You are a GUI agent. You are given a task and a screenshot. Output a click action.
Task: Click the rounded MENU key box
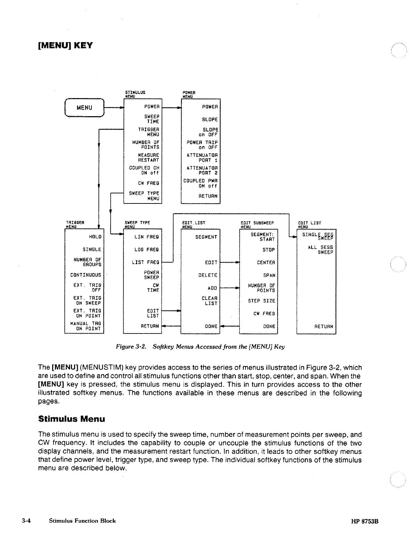coord(84,107)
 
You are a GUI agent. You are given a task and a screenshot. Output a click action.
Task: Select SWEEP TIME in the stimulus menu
coord(152,119)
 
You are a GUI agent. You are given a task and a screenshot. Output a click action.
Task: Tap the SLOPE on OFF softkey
coord(208,132)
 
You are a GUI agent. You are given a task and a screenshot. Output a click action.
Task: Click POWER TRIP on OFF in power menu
coord(202,145)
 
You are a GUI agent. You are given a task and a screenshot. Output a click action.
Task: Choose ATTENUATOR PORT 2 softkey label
coord(202,170)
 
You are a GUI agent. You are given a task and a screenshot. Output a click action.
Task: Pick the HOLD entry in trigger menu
coord(95,237)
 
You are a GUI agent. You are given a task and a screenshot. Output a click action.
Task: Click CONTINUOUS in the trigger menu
coord(86,275)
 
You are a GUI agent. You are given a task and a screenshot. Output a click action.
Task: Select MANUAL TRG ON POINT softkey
coord(86,326)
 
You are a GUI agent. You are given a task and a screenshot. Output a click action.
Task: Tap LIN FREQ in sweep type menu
coord(146,237)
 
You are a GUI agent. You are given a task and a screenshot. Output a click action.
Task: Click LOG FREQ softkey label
coord(146,250)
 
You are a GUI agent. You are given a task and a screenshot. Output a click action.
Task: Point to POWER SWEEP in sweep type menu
coord(151,275)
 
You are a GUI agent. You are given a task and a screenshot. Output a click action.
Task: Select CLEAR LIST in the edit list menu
coord(209,301)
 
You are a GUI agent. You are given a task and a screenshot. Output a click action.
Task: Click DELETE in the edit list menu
coord(208,275)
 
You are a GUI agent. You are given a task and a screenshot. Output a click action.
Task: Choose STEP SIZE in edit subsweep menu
coord(262,301)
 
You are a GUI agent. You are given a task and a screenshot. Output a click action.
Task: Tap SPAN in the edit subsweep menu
coord(269,275)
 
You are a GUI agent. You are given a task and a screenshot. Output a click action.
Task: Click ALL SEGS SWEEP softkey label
coord(320,250)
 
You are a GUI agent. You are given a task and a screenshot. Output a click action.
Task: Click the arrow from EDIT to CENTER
coord(230,263)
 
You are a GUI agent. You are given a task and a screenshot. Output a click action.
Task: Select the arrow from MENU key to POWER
coord(114,108)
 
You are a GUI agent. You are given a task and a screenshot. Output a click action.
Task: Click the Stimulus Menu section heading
coord(71,419)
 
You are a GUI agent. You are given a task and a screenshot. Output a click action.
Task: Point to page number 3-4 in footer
coord(26,521)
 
